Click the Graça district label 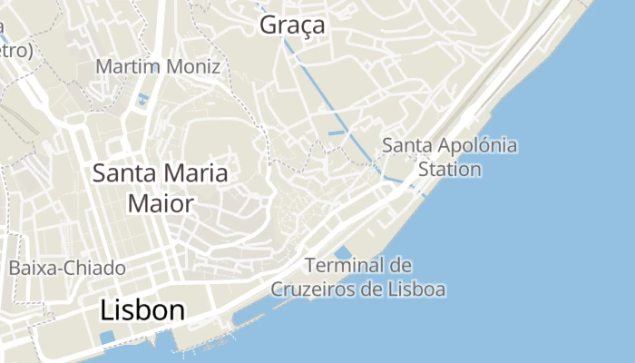292,25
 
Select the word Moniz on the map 194,67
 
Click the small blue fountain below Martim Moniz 143,99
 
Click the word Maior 161,202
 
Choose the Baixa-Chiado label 67,268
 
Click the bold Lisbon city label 142,310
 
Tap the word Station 450,169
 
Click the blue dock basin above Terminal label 343,252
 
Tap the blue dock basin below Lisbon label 107,337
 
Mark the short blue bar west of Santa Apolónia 337,133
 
